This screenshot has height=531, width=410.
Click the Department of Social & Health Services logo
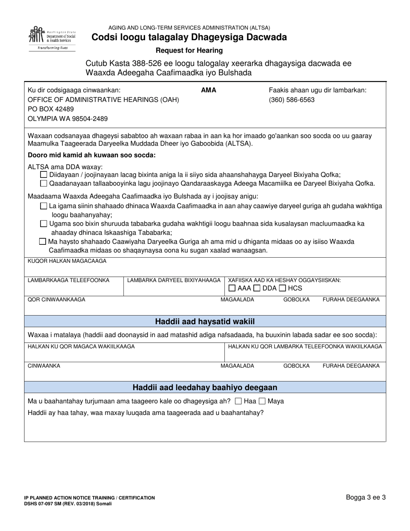click(51, 38)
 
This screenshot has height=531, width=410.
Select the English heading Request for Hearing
click(189, 50)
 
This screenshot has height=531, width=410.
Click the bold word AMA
click(208, 90)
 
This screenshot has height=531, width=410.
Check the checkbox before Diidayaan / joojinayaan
click(44, 175)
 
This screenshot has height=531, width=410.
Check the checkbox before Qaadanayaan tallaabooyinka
click(44, 183)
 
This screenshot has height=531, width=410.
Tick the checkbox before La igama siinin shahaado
click(44, 206)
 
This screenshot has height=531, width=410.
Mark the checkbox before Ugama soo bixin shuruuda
click(44, 224)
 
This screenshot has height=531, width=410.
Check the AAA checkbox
click(232, 288)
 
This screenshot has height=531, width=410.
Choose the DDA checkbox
click(257, 288)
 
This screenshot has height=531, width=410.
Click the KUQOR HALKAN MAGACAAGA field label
click(67, 261)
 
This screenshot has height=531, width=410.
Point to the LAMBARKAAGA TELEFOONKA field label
click(69, 280)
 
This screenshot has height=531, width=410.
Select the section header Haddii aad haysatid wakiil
click(205, 321)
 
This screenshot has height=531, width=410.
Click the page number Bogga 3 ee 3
click(366, 497)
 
